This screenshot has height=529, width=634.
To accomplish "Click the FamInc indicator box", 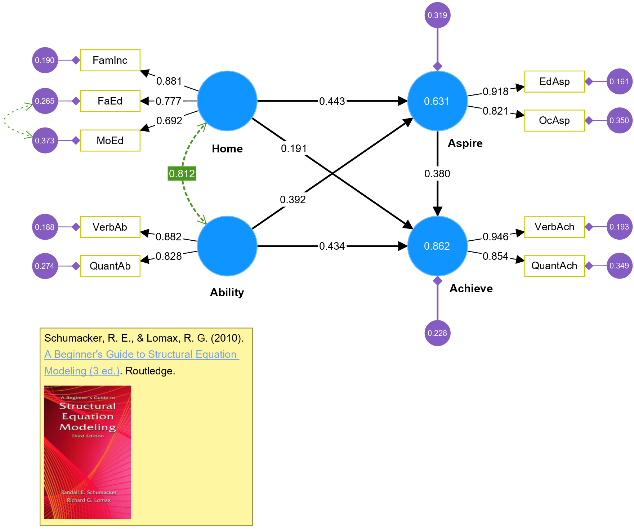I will [x=110, y=60].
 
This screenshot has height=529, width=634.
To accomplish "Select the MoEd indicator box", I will [x=110, y=141].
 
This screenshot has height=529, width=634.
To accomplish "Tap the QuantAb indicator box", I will [x=110, y=266].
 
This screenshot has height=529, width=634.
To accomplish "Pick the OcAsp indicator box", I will [x=554, y=120].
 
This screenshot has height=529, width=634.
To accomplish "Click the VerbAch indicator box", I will [x=554, y=227].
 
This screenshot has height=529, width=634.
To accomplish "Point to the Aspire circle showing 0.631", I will [x=437, y=101].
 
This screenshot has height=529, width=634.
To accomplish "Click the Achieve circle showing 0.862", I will [x=437, y=246].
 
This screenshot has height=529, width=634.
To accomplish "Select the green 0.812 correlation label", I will [x=182, y=174].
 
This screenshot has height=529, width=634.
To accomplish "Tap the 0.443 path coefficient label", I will [x=332, y=101].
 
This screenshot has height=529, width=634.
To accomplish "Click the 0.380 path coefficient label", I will [x=437, y=174].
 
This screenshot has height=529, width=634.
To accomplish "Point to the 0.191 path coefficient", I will [x=294, y=148].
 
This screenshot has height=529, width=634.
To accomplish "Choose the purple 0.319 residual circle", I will [x=437, y=15].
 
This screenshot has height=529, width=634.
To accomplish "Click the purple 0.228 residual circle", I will [x=437, y=333].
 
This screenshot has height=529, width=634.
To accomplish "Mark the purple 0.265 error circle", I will [x=45, y=101].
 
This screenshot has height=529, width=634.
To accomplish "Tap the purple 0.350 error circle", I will [x=619, y=120].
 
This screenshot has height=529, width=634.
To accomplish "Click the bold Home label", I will [x=227, y=148].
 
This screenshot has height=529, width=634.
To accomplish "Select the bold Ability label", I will [x=227, y=292].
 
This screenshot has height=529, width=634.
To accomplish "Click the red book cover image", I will [x=88, y=452].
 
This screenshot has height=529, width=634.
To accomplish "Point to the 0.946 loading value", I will [x=495, y=237].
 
